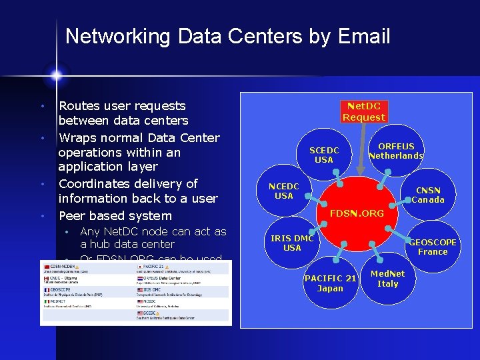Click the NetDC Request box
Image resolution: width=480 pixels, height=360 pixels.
pyautogui.click(x=363, y=111)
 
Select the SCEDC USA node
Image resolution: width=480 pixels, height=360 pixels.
pyautogui.click(x=323, y=155)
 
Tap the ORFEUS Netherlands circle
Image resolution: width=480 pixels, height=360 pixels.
pyautogui.click(x=396, y=151)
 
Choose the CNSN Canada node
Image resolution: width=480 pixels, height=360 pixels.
pyautogui.click(x=427, y=195)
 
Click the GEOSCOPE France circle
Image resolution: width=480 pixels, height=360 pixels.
pyautogui.click(x=433, y=247)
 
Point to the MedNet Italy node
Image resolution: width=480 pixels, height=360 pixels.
pyautogui.click(x=387, y=279)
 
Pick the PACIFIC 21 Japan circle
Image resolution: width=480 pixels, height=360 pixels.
pyautogui.click(x=330, y=283)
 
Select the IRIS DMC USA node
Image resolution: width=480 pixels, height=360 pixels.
pyautogui.click(x=292, y=243)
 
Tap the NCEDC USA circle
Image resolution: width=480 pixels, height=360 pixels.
pyautogui.click(x=284, y=191)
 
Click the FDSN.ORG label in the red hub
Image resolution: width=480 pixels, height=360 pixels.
pyautogui.click(x=357, y=213)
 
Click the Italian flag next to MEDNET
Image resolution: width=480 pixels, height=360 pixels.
pyautogui.click(x=46, y=302)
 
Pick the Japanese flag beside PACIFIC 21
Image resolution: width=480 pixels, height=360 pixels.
pyautogui.click(x=138, y=266)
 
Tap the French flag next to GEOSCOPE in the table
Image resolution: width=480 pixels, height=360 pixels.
pyautogui.click(x=46, y=290)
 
